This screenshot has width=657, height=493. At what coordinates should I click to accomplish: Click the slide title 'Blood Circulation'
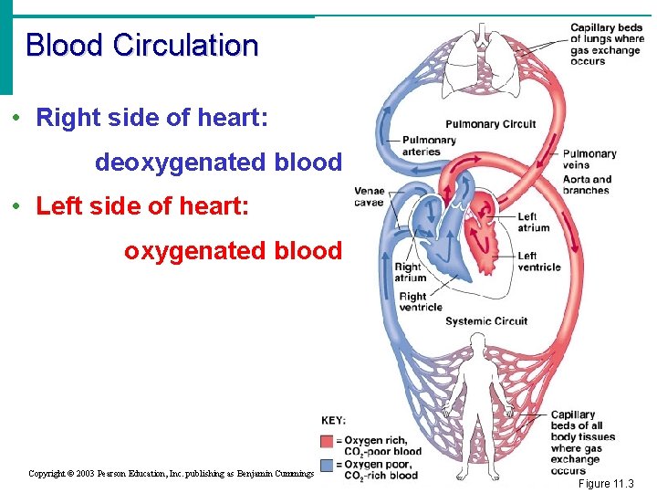[142, 45]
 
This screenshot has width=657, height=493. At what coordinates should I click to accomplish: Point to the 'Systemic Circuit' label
[485, 320]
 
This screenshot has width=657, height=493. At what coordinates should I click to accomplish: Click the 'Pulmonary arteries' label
[428, 145]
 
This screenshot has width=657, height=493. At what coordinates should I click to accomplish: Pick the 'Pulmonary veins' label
[589, 159]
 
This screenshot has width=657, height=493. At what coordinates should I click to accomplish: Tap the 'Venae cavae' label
[369, 196]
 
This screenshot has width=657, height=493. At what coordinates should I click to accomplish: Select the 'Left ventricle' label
[538, 261]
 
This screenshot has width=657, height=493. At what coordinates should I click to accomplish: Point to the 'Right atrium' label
[410, 272]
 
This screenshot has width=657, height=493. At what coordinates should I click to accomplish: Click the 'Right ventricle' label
[420, 301]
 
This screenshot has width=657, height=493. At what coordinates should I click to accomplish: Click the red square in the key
[328, 441]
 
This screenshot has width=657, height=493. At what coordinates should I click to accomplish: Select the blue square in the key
[328, 465]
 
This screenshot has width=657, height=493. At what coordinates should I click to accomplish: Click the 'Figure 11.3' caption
[606, 483]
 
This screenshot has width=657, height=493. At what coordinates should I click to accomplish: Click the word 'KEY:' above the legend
[333, 420]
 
